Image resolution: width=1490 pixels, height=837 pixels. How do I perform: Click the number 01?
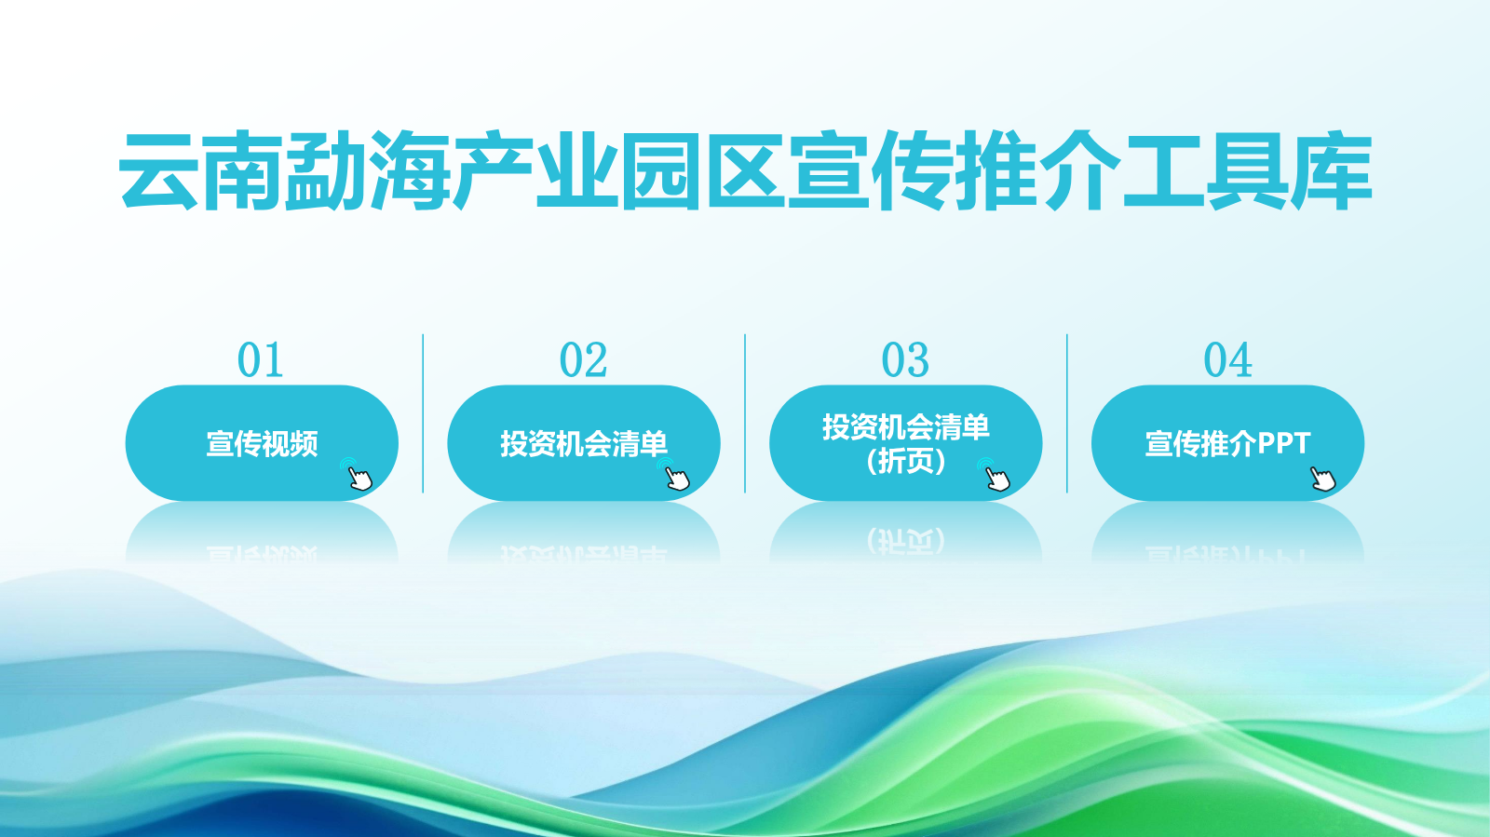260,359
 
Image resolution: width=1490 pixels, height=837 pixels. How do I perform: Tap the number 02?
583,359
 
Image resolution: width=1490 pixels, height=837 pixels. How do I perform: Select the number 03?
905,359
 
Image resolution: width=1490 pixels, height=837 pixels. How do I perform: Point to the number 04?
1228,359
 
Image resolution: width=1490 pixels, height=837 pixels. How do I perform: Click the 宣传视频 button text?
262,443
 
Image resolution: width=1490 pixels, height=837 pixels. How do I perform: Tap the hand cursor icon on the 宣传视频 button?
358,474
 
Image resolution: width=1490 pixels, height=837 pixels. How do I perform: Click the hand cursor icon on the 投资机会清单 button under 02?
674,474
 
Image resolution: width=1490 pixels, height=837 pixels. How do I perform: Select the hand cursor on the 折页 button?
996,474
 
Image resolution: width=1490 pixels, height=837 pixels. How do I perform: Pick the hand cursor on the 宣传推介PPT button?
1321,478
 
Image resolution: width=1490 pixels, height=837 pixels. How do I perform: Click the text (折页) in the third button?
906,461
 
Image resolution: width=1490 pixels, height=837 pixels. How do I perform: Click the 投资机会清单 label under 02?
584,443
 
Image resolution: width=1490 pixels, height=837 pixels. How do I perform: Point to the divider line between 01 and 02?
423,413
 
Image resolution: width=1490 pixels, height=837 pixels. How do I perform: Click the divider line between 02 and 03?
745,413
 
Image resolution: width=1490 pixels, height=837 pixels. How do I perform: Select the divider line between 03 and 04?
1067,413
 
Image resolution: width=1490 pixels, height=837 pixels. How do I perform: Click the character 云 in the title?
158,171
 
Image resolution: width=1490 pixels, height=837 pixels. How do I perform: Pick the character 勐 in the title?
326,171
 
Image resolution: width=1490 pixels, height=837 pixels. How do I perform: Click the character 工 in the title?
1164,171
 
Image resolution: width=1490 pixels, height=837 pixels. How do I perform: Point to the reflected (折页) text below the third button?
906,541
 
